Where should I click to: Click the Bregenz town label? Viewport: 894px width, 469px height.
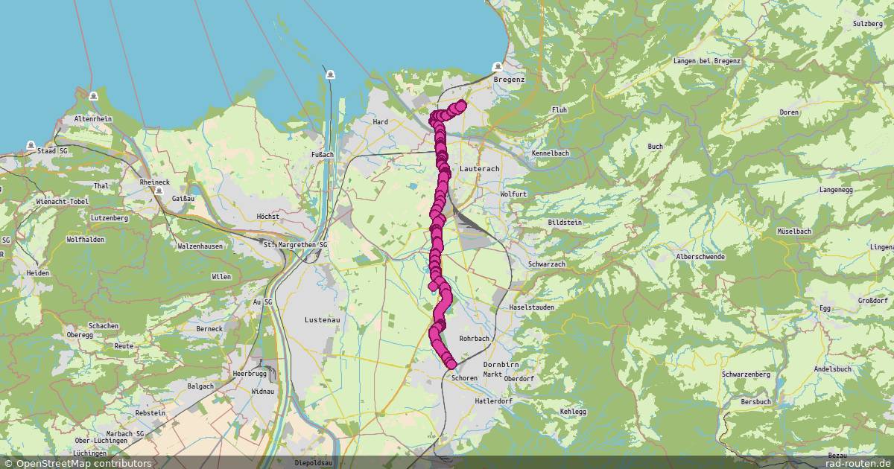[509, 80]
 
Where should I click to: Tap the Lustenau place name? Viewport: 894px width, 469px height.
[322, 319]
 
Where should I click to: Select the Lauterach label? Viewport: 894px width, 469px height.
[479, 170]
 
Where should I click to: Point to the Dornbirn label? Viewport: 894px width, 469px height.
[501, 365]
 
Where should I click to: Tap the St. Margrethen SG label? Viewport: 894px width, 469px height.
[295, 244]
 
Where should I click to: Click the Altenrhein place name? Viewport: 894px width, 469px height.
[92, 119]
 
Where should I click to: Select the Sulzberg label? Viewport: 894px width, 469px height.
[867, 24]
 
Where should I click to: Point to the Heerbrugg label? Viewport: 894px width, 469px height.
[250, 373]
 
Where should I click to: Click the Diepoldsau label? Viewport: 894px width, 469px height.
[313, 463]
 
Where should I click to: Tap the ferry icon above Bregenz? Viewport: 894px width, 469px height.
[498, 67]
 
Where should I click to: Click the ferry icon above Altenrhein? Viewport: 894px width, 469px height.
[92, 97]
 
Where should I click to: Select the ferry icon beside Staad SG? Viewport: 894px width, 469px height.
[31, 145]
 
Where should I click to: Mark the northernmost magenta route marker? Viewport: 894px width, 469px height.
[460, 105]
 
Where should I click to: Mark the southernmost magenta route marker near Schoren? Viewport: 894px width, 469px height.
[451, 364]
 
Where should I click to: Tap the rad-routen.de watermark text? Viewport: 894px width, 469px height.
[857, 463]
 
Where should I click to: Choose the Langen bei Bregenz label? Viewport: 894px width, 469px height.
[706, 61]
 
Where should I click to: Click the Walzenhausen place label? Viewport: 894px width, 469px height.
[200, 246]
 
